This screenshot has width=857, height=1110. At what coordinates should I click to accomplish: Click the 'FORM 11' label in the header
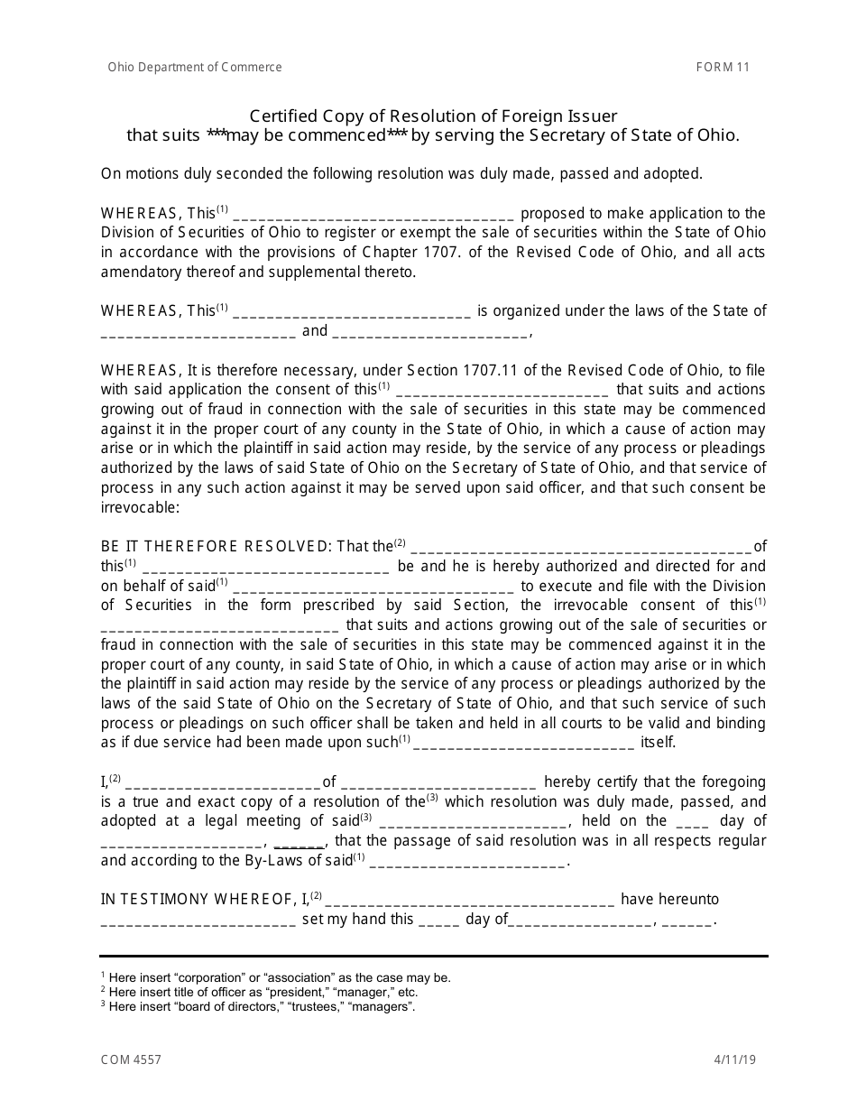[722, 67]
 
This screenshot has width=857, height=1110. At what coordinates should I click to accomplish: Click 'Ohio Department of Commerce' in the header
[195, 67]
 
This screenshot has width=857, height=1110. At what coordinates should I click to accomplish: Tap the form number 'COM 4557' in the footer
[131, 1059]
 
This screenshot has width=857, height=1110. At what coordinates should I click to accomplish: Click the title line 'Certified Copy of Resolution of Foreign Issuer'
[433, 116]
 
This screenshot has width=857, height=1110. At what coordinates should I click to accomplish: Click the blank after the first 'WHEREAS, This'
[373, 216]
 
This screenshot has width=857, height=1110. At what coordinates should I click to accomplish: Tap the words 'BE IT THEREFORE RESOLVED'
[216, 546]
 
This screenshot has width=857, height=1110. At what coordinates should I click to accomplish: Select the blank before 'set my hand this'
[198, 921]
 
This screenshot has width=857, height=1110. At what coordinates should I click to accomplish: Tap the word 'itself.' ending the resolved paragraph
[658, 743]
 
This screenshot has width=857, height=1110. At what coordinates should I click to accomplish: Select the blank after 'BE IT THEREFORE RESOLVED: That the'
[580, 548]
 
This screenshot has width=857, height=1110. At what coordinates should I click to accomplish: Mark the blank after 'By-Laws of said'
[467, 862]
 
